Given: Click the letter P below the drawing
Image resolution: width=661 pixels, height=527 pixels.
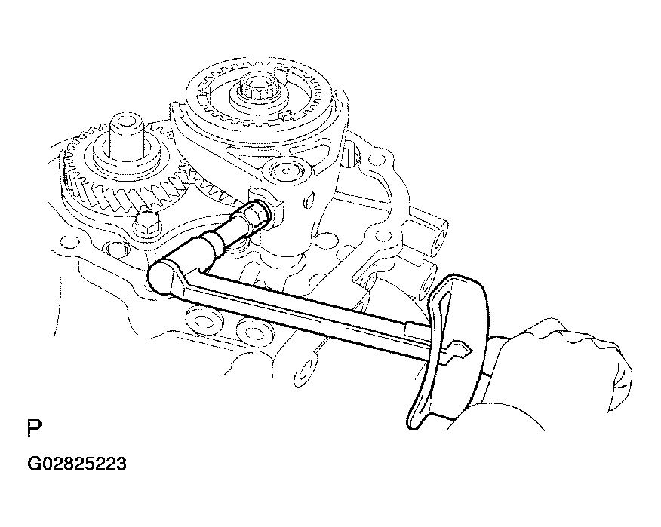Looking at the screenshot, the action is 35,428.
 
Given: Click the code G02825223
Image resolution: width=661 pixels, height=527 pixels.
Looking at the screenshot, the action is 77,464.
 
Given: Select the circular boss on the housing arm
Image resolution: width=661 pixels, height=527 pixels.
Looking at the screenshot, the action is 287,170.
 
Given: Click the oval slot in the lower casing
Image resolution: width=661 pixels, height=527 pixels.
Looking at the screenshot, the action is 303,371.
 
